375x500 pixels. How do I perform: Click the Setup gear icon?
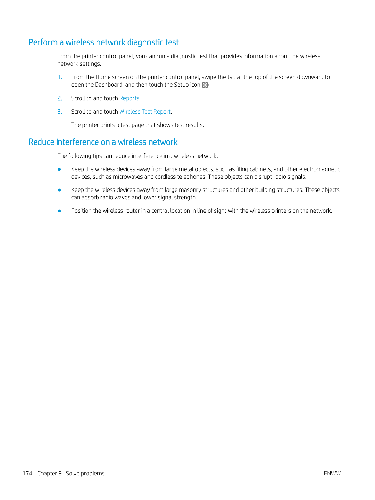pos(205,85)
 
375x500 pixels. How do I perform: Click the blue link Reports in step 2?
pos(129,98)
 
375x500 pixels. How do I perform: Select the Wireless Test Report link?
pos(145,112)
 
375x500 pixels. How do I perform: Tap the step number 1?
pos(60,77)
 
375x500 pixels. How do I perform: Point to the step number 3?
pos(60,112)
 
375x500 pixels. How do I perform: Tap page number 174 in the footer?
pos(27,474)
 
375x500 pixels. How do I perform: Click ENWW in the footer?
pos(332,474)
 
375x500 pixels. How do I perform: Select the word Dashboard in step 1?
pos(109,85)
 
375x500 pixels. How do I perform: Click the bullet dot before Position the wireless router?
pos(59,211)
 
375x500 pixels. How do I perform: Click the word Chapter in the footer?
pos(47,474)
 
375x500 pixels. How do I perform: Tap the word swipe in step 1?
pos(209,77)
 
